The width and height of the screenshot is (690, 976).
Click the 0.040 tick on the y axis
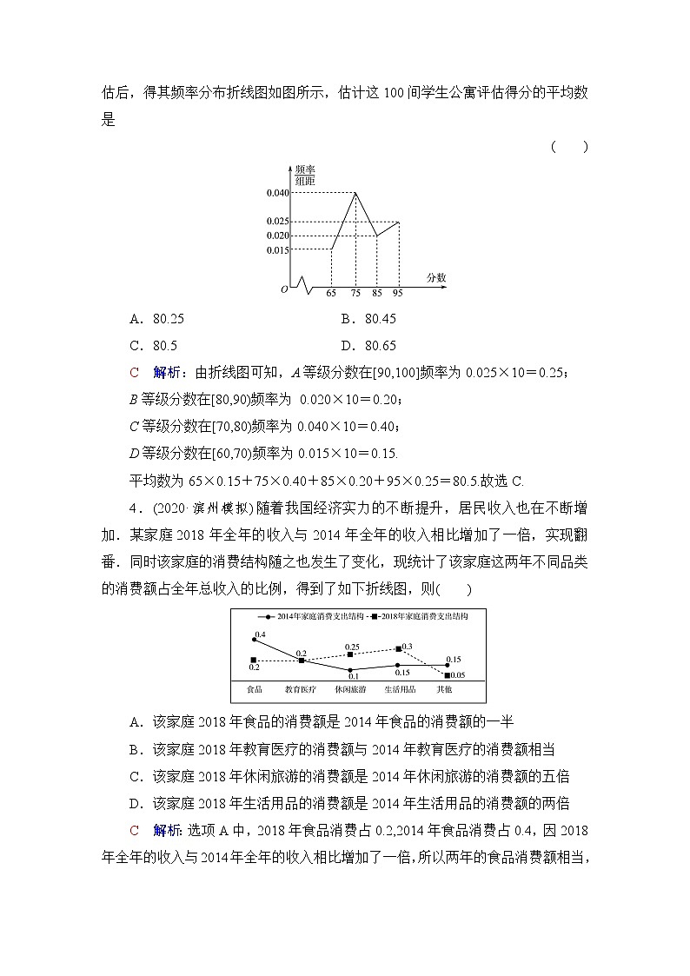coord(277,193)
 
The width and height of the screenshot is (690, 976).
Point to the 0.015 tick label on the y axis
coord(277,250)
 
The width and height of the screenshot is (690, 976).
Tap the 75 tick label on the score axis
coord(355,294)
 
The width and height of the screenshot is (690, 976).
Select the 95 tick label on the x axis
coord(398,294)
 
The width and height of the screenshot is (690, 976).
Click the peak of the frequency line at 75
coord(355,193)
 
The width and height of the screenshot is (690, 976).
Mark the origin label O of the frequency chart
coord(283,289)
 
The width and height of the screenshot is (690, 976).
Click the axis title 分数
coord(436,277)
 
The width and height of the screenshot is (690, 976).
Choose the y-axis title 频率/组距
coord(304,175)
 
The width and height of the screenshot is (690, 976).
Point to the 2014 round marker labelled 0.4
coord(254,640)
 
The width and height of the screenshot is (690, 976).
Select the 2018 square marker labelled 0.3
coord(398,648)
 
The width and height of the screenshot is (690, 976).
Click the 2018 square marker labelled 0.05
coord(447,674)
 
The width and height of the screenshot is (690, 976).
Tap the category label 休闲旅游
coord(350,690)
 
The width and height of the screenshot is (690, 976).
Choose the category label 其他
coord(444,690)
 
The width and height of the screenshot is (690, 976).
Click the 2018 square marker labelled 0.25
coord(350,654)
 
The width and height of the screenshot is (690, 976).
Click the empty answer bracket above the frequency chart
coord(569,147)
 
